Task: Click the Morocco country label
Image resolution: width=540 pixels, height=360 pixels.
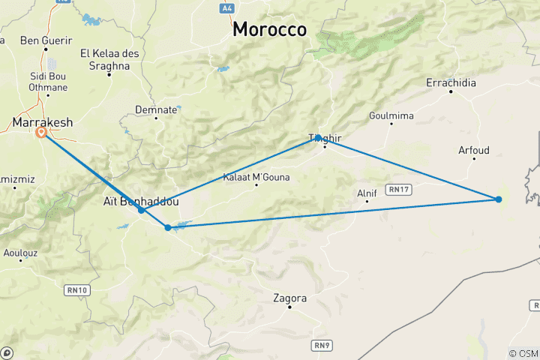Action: (269, 29)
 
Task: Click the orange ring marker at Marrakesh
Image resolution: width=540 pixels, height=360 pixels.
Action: (41, 133)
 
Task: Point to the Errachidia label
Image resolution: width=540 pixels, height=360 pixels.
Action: (451, 82)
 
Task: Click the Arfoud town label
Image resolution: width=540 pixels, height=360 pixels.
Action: (473, 150)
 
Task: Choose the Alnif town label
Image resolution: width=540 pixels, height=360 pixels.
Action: (367, 193)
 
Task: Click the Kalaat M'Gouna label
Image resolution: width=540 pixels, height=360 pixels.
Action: (256, 178)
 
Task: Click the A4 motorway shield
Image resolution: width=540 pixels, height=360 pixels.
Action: (227, 7)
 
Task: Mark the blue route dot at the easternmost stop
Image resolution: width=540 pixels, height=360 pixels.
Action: (498, 199)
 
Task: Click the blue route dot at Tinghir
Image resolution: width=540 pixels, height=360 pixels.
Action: (318, 137)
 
